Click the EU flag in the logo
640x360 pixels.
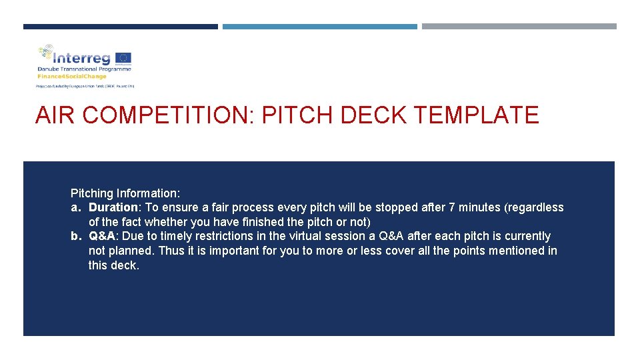[123, 58]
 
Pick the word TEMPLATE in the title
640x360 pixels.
[477, 115]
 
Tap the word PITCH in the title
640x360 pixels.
[297, 115]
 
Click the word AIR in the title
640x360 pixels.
[55, 115]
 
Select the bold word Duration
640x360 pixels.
[113, 207]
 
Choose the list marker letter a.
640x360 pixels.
[75, 207]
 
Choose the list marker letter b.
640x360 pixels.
[75, 236]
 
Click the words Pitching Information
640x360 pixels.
[125, 193]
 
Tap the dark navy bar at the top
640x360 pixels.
[121, 27]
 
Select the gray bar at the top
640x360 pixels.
[519, 27]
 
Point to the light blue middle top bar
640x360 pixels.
[320, 27]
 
